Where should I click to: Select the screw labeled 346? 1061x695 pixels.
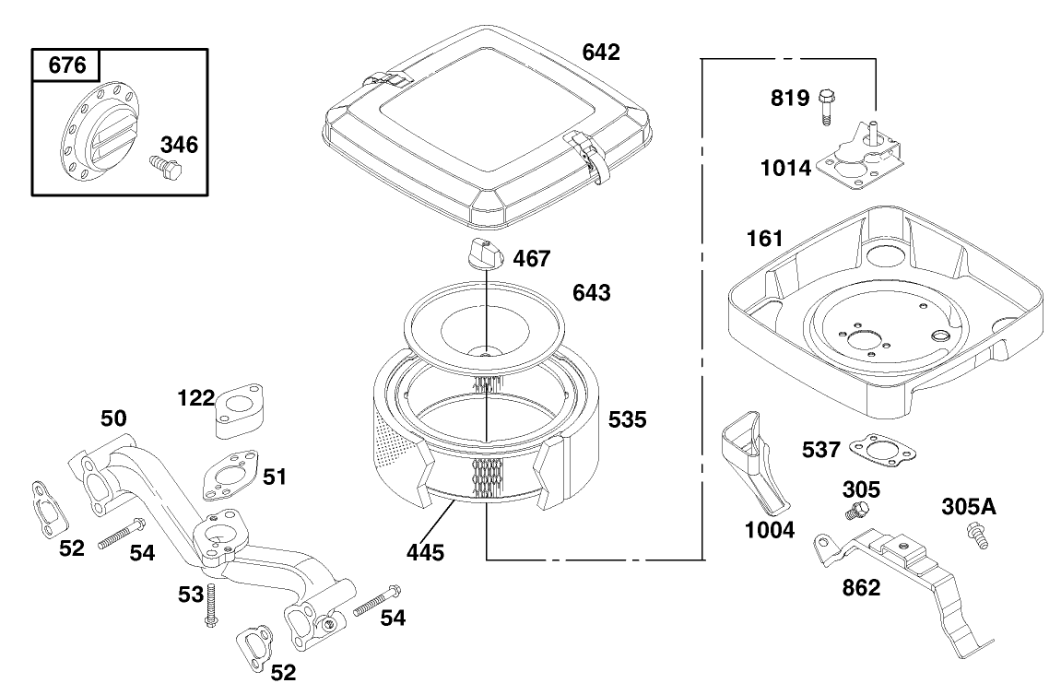tap(165, 168)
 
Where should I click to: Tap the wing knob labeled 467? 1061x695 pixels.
tap(483, 252)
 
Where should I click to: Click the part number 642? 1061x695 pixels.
tap(600, 52)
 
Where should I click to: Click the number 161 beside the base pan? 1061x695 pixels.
tap(764, 240)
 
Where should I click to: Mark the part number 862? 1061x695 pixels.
tap(861, 588)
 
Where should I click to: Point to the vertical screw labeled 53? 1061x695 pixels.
tap(211, 606)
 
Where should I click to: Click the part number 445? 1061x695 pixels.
tap(425, 553)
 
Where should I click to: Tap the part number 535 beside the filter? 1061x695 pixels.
tap(627, 419)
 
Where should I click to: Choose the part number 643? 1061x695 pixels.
tap(591, 293)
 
